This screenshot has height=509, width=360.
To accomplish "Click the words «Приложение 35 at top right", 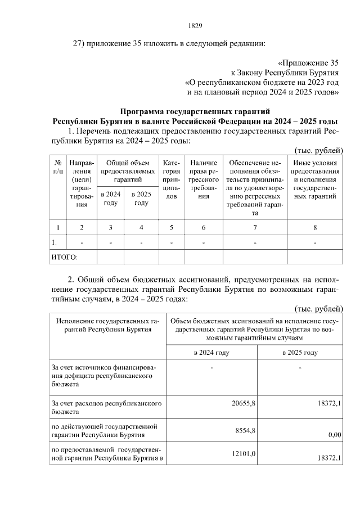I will pyautogui.click(x=309, y=62).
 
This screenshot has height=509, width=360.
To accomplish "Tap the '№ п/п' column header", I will pyautogui.click(x=58, y=166).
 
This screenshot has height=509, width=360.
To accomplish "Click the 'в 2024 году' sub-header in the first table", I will pyautogui.click(x=110, y=199).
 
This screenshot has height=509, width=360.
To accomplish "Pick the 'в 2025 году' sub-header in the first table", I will pyautogui.click(x=141, y=199).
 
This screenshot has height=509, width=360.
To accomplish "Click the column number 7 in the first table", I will pyautogui.click(x=255, y=227).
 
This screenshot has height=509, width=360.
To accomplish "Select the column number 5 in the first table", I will pyautogui.click(x=172, y=227).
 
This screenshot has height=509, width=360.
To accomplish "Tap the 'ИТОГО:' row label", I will pyautogui.click(x=65, y=257).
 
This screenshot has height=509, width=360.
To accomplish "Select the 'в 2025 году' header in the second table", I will pyautogui.click(x=300, y=353).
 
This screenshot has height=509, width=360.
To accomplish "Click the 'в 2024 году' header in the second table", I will pyautogui.click(x=210, y=353).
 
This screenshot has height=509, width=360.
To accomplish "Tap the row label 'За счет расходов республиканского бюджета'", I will pyautogui.click(x=107, y=408).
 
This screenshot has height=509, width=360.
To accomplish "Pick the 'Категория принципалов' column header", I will pyautogui.click(x=172, y=179).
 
